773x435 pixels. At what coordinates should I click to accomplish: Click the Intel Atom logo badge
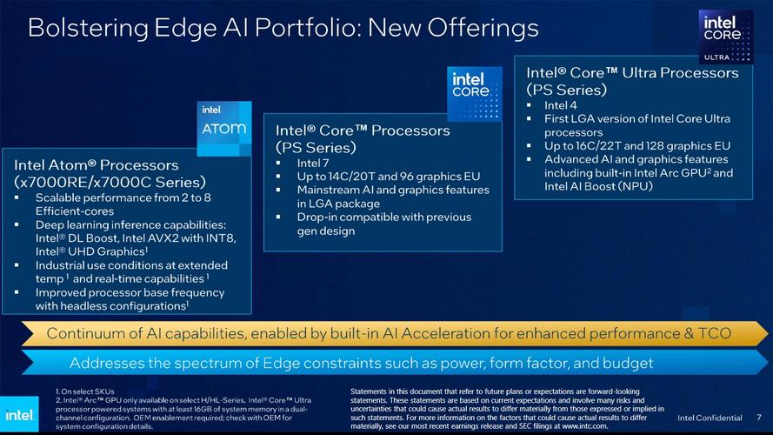click(223, 128)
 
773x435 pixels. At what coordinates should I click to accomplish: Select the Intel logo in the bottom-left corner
click(20, 413)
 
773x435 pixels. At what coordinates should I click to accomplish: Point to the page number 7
click(759, 418)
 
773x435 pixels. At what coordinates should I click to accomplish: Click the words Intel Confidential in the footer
click(710, 418)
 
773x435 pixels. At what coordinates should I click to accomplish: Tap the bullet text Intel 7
click(313, 163)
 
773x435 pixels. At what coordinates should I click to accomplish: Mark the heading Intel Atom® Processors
click(97, 164)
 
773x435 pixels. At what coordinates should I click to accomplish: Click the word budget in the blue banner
click(626, 362)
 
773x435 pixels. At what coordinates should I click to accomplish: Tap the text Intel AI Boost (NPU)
click(599, 185)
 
